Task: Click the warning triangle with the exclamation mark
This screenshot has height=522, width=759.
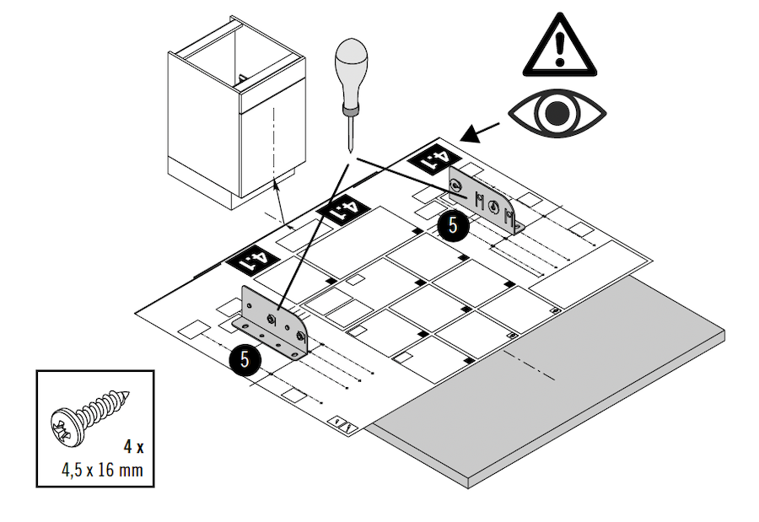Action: [558, 46]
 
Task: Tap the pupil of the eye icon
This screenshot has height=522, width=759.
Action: [557, 114]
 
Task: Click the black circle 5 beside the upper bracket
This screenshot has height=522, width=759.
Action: [454, 224]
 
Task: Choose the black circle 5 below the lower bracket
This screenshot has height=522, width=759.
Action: [245, 358]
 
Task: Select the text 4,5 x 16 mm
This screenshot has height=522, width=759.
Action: [101, 469]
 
